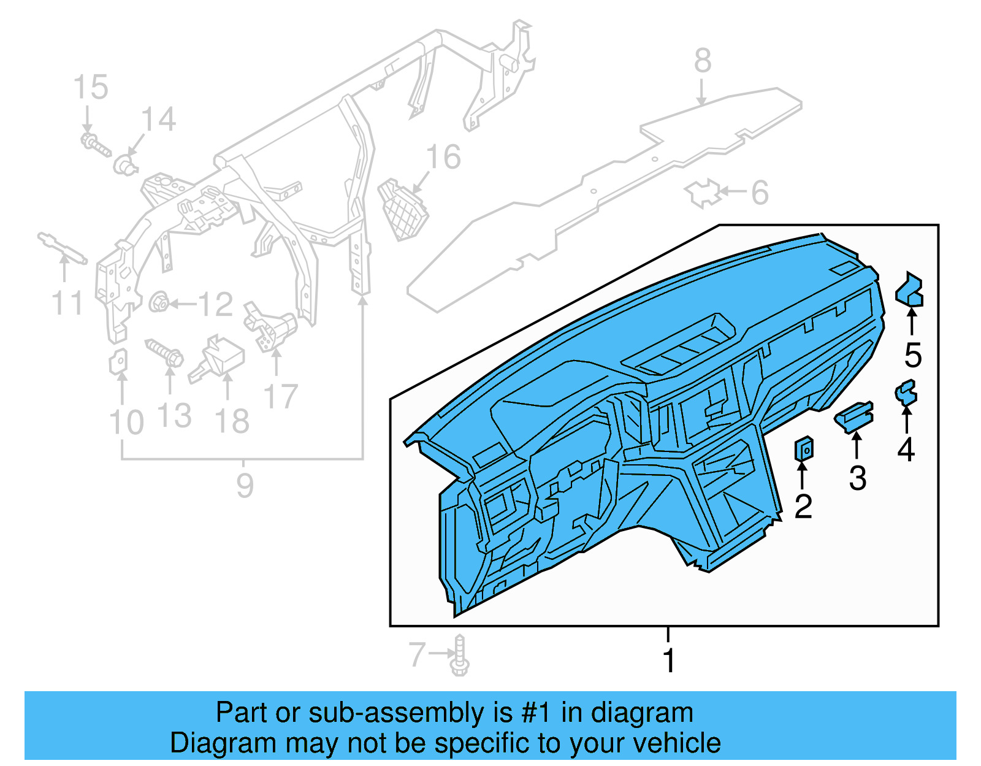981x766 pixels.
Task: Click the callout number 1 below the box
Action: click(x=668, y=661)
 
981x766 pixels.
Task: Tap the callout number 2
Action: click(x=803, y=506)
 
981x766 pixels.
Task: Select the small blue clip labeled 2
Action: click(x=804, y=450)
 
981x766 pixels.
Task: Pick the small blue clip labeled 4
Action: click(x=906, y=393)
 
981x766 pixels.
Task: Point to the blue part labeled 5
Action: click(x=910, y=290)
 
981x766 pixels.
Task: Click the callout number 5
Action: click(x=913, y=355)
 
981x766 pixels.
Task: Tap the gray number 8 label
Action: click(x=703, y=61)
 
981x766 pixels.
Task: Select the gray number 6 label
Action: click(x=760, y=193)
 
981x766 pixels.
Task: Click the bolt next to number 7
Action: click(x=460, y=656)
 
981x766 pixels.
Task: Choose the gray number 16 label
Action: click(x=443, y=158)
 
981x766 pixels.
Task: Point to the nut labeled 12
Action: click(x=159, y=302)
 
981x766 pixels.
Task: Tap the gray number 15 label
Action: click(x=91, y=88)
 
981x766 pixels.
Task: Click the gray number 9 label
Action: click(x=245, y=486)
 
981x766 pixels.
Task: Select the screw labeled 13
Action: click(x=164, y=352)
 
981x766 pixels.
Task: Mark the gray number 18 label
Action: click(x=232, y=421)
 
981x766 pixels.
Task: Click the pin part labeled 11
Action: click(x=62, y=248)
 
